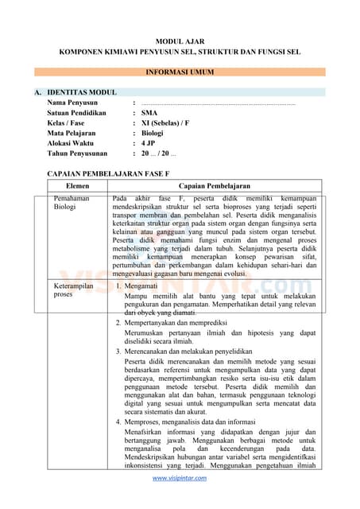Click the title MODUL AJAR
pyautogui.click(x=180, y=39)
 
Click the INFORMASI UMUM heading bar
pyautogui.click(x=180, y=72)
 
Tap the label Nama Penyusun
pyautogui.click(x=72, y=103)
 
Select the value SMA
pyautogui.click(x=149, y=113)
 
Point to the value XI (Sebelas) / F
pyautogui.click(x=165, y=123)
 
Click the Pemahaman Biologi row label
pyautogui.click(x=71, y=202)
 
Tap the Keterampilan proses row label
pyautogui.click(x=74, y=289)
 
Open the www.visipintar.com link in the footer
pyautogui.click(x=180, y=478)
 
